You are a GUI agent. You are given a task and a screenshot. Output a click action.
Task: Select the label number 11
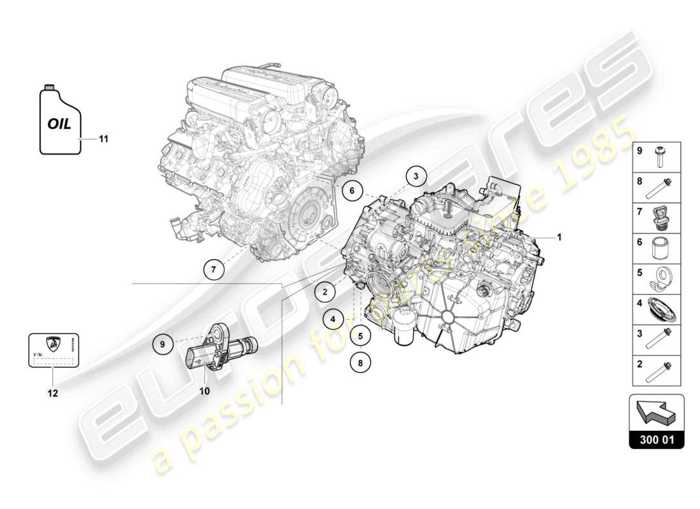(104, 138)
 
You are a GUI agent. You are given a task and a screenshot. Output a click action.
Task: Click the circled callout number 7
(214, 270)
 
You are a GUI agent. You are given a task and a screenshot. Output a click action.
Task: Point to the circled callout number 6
(351, 189)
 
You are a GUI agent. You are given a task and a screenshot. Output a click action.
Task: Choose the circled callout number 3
(415, 176)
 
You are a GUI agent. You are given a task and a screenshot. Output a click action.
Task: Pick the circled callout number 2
(325, 292)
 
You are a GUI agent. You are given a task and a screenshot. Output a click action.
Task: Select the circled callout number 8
(360, 363)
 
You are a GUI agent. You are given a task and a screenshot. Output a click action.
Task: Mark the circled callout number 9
(163, 344)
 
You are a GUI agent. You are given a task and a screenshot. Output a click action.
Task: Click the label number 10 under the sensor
(204, 391)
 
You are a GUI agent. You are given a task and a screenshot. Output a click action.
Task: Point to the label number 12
(52, 393)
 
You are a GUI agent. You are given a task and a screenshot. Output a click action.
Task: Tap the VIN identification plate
(53, 350)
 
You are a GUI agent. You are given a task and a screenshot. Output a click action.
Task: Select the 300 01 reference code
(656, 439)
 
